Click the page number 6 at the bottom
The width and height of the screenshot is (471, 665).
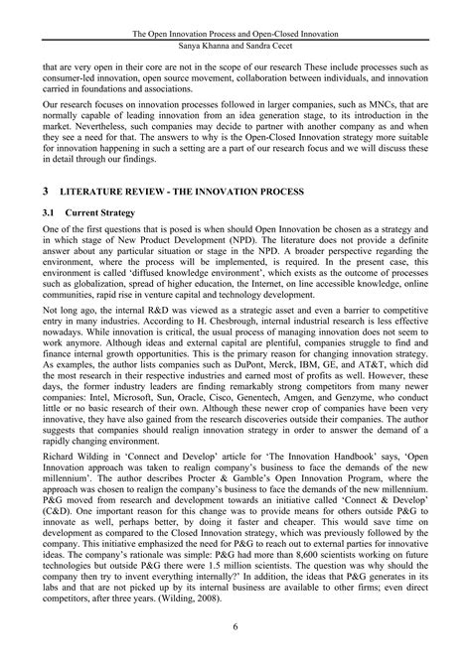235,626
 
